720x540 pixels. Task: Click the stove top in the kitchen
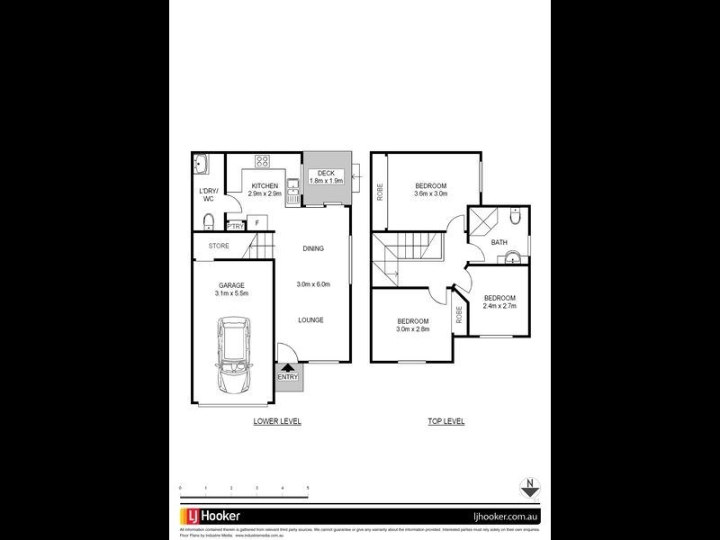tap(264, 162)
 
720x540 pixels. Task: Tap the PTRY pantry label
tap(235, 226)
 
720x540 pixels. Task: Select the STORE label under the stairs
tap(219, 246)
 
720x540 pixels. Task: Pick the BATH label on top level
tap(499, 243)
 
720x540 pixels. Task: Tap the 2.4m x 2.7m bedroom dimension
tap(499, 306)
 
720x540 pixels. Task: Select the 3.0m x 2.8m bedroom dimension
tap(413, 328)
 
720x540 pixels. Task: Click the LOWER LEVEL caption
tap(277, 421)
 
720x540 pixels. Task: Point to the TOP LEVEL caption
tap(445, 421)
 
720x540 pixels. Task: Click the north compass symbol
tap(531, 487)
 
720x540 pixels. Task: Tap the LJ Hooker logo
tap(217, 517)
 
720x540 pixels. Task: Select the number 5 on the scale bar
tap(309, 487)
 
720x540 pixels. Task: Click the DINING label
tap(313, 248)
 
